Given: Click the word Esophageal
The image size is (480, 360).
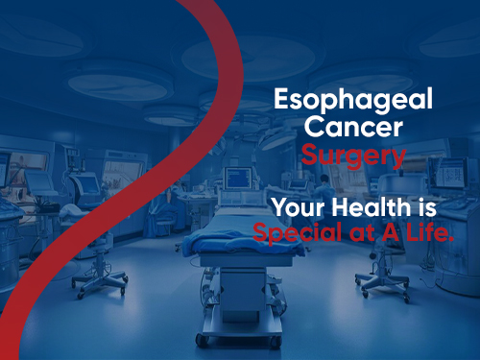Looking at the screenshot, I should [x=352, y=99].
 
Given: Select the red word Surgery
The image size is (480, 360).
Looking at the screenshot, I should [x=352, y=154].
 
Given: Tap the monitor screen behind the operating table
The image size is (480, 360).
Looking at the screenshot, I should [x=237, y=178].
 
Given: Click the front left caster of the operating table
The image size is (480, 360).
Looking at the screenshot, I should [x=203, y=338].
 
